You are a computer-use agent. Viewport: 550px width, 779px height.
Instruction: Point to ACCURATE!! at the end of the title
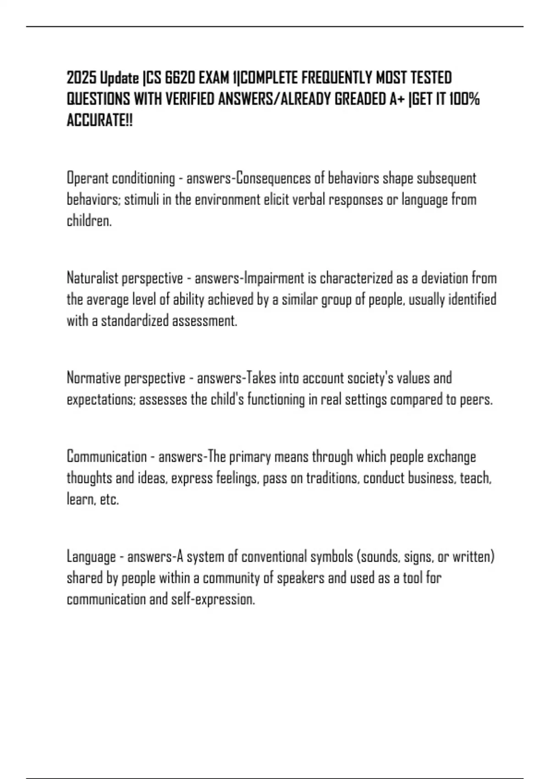pyautogui.click(x=99, y=121)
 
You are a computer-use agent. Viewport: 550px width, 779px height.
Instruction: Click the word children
pyautogui.click(x=89, y=221)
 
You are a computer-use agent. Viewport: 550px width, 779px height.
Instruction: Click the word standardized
pyautogui.click(x=135, y=321)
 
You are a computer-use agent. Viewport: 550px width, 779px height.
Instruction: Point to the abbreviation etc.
pyautogui.click(x=109, y=500)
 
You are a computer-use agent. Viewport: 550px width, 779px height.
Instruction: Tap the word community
pyautogui.click(x=231, y=579)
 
